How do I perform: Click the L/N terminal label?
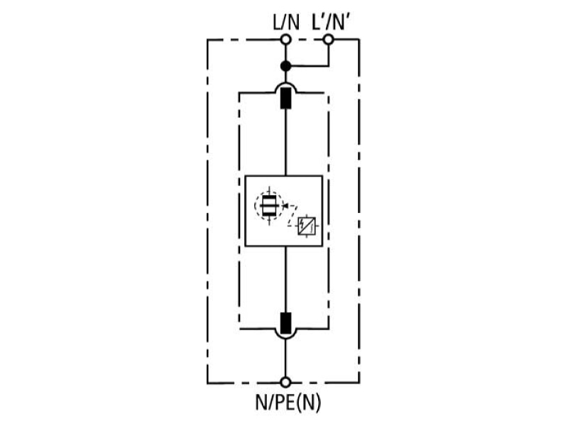pyautogui.click(x=286, y=23)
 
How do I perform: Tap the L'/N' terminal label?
pyautogui.click(x=331, y=23)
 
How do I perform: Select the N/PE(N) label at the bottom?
pyautogui.click(x=288, y=402)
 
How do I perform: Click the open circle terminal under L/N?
pyautogui.click(x=286, y=39)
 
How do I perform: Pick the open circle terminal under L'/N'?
pyautogui.click(x=328, y=39)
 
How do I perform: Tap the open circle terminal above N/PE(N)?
pyautogui.click(x=286, y=382)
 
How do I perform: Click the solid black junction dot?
pyautogui.click(x=286, y=66)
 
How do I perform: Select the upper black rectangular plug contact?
pyautogui.click(x=286, y=98)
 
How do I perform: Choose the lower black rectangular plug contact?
pyautogui.click(x=286, y=323)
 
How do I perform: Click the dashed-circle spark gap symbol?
pyautogui.click(x=269, y=205)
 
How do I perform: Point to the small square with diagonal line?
pyautogui.click(x=307, y=226)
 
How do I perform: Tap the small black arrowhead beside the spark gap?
pyautogui.click(x=285, y=206)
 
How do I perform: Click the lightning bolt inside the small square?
pyautogui.click(x=303, y=223)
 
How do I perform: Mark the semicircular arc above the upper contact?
pyautogui.click(x=286, y=82)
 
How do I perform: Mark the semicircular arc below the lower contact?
pyautogui.click(x=286, y=339)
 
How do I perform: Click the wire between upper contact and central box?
pyautogui.click(x=286, y=142)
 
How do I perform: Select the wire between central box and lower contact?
pyautogui.click(x=286, y=279)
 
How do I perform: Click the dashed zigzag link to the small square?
pyautogui.click(x=293, y=216)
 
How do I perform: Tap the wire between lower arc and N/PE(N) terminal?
pyautogui.click(x=286, y=358)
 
